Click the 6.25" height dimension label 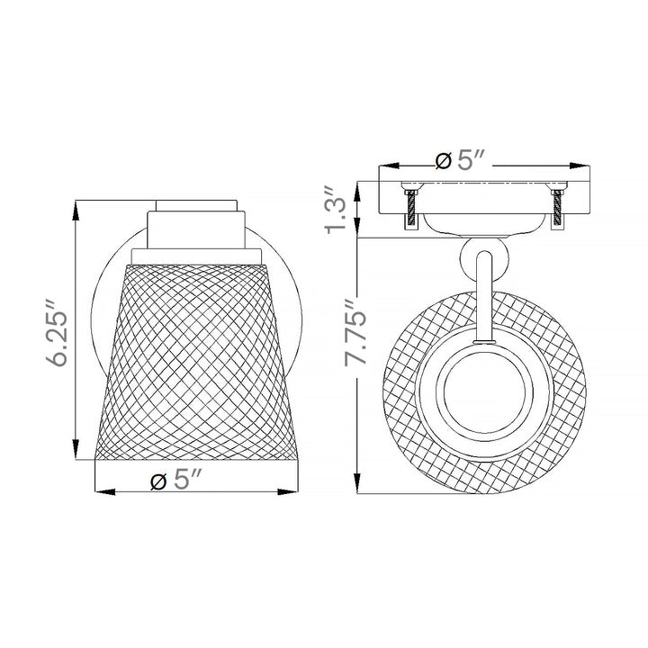(57, 332)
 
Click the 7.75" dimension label (356, 332)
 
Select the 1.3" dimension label (335, 211)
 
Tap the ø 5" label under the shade (175, 480)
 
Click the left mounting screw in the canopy (410, 209)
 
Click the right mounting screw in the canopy (558, 209)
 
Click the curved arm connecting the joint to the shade (484, 298)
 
